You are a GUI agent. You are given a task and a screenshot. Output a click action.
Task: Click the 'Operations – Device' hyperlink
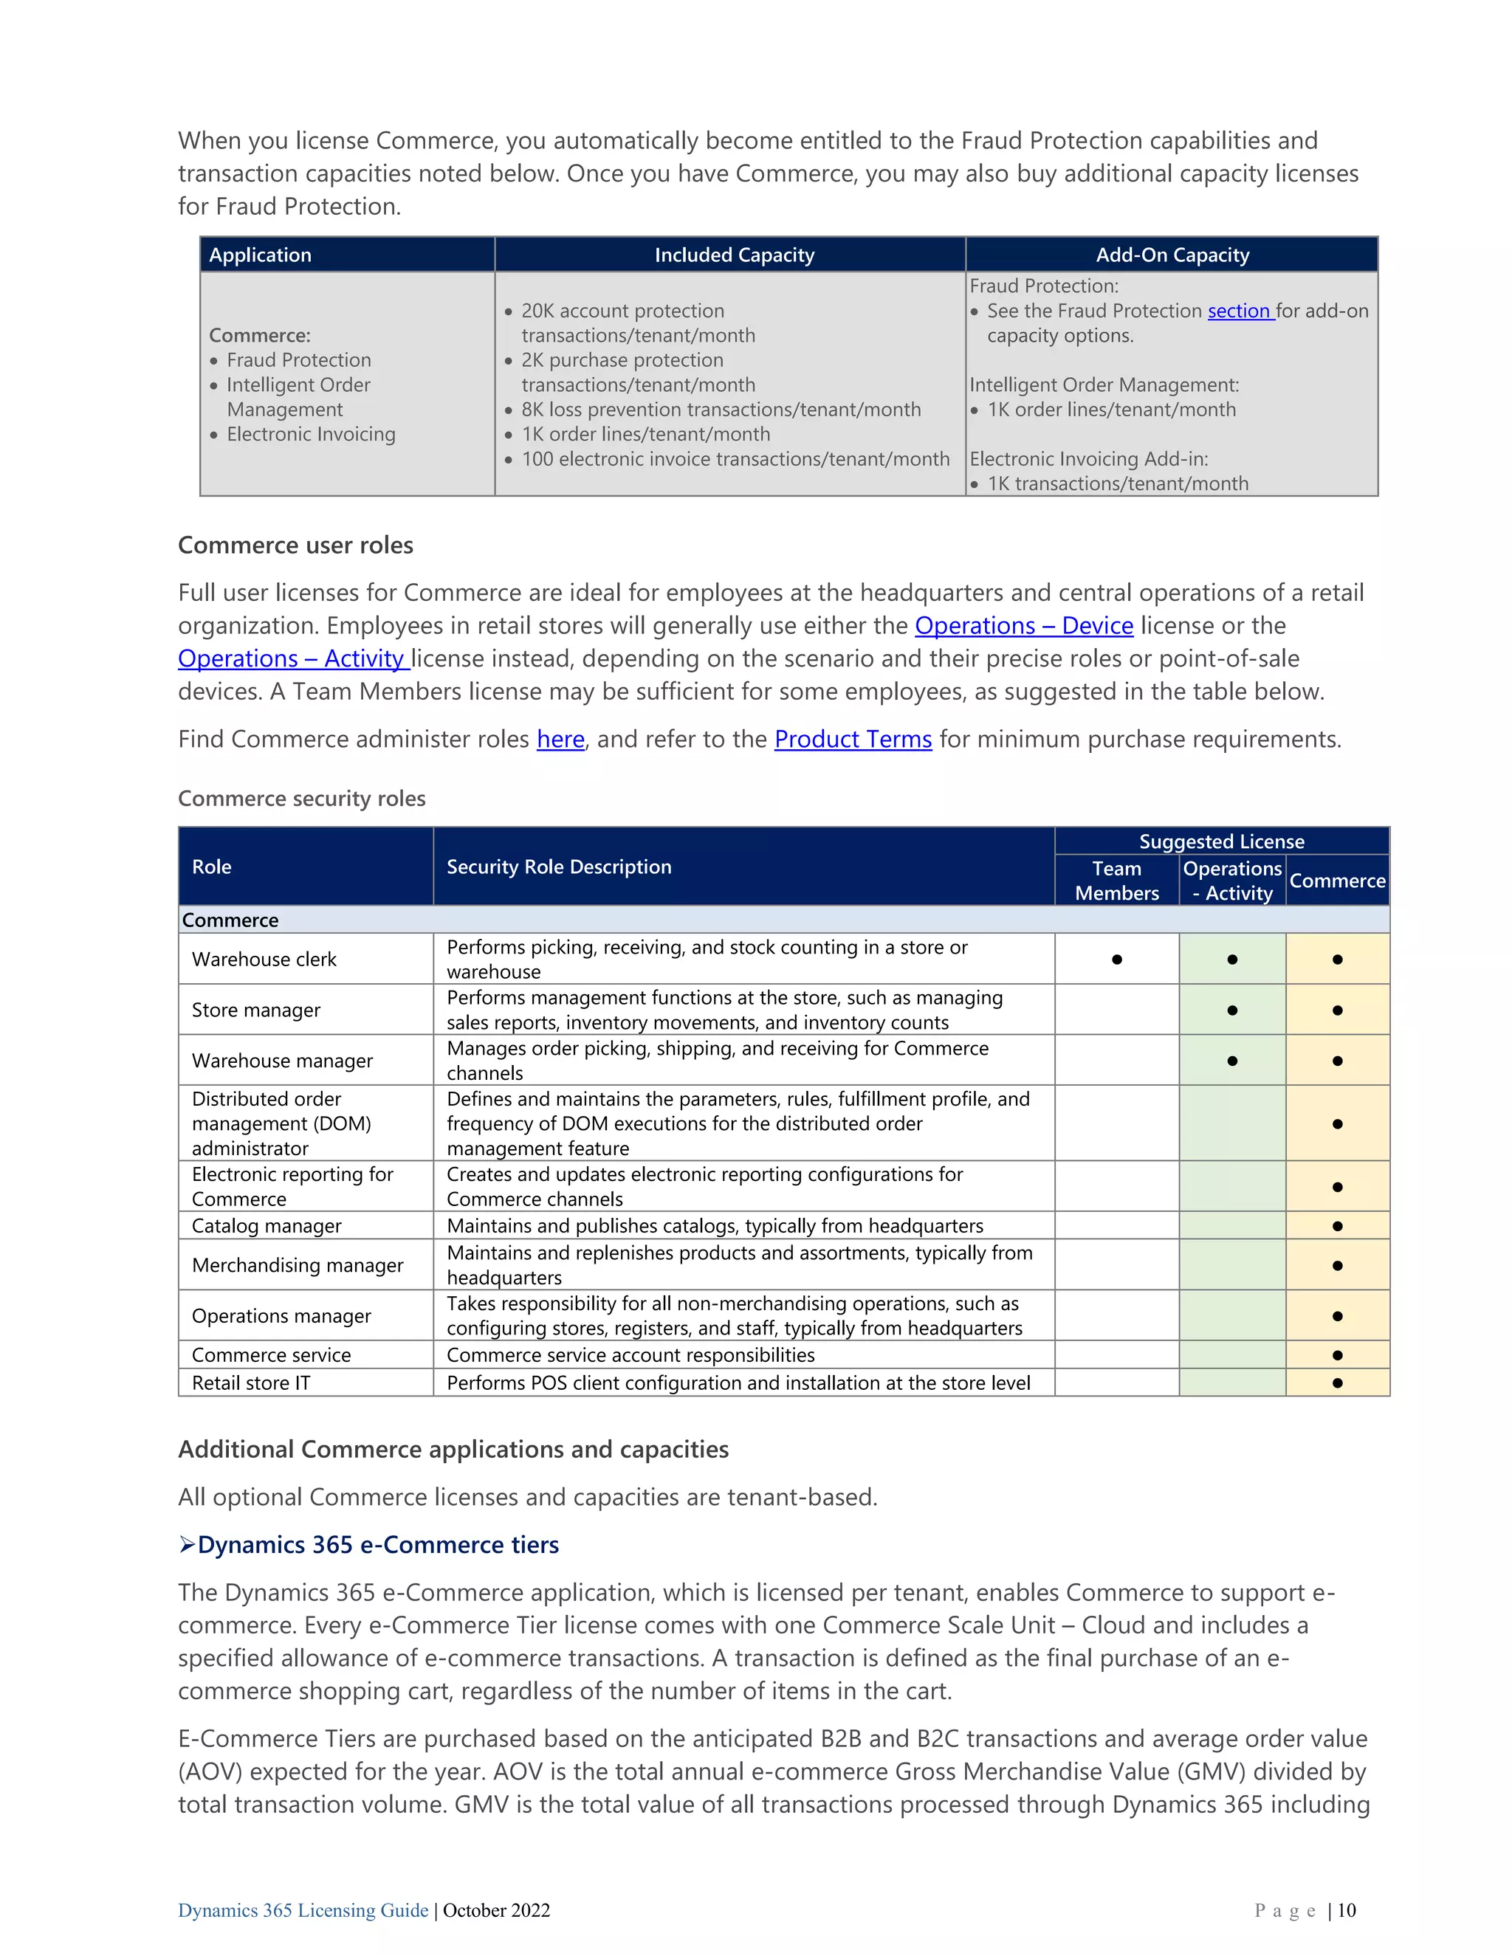(x=1023, y=625)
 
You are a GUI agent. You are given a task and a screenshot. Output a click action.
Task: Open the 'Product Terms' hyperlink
(x=853, y=739)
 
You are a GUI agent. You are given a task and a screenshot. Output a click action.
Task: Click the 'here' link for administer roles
(x=560, y=739)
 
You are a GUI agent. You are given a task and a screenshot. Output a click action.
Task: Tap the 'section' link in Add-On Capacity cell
(x=1239, y=311)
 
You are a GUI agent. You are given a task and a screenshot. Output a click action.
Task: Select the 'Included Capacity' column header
(x=734, y=255)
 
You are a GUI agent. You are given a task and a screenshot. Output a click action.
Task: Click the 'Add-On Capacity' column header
(x=1172, y=255)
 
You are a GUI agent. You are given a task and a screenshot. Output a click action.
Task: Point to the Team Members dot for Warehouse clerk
(x=1116, y=960)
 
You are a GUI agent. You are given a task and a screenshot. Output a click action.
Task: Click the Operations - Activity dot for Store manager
(x=1231, y=1010)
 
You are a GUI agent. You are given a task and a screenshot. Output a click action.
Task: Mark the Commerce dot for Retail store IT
(x=1336, y=1382)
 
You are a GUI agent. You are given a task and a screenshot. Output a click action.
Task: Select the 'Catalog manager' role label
(x=266, y=1225)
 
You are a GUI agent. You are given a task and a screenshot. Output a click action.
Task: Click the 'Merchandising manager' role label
(x=298, y=1264)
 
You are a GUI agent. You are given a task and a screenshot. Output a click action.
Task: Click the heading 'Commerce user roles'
(x=295, y=545)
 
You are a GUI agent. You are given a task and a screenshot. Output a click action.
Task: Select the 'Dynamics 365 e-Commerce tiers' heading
(x=377, y=1545)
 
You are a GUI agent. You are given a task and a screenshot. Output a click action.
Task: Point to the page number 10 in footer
(x=1347, y=1909)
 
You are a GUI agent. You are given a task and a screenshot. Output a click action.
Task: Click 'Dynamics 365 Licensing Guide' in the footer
(x=303, y=1909)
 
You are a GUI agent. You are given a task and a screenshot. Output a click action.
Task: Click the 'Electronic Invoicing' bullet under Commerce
(x=310, y=434)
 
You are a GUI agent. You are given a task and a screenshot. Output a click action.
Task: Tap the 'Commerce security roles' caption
(x=302, y=798)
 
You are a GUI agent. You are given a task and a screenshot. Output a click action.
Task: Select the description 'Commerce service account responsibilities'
(x=630, y=1355)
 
